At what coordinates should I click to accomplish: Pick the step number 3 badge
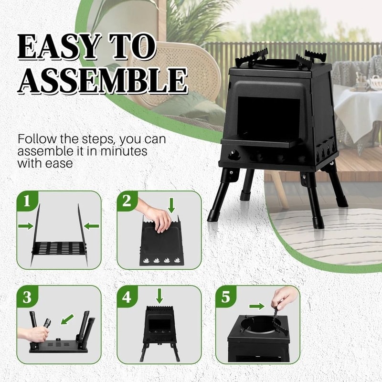28,297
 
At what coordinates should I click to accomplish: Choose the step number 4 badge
127,297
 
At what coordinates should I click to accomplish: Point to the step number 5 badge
225,297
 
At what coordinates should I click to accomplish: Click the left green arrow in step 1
25,225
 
